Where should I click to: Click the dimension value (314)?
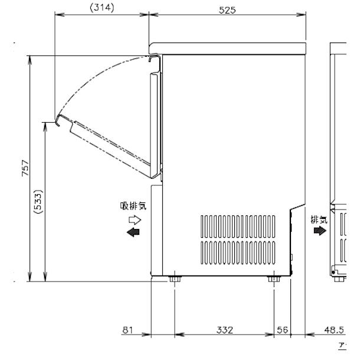[100, 7]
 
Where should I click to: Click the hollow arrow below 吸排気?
[135, 219]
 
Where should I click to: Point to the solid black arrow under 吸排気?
[135, 233]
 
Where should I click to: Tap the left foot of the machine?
[174, 278]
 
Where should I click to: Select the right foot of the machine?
[273, 278]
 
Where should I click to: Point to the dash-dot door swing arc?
[94, 76]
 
